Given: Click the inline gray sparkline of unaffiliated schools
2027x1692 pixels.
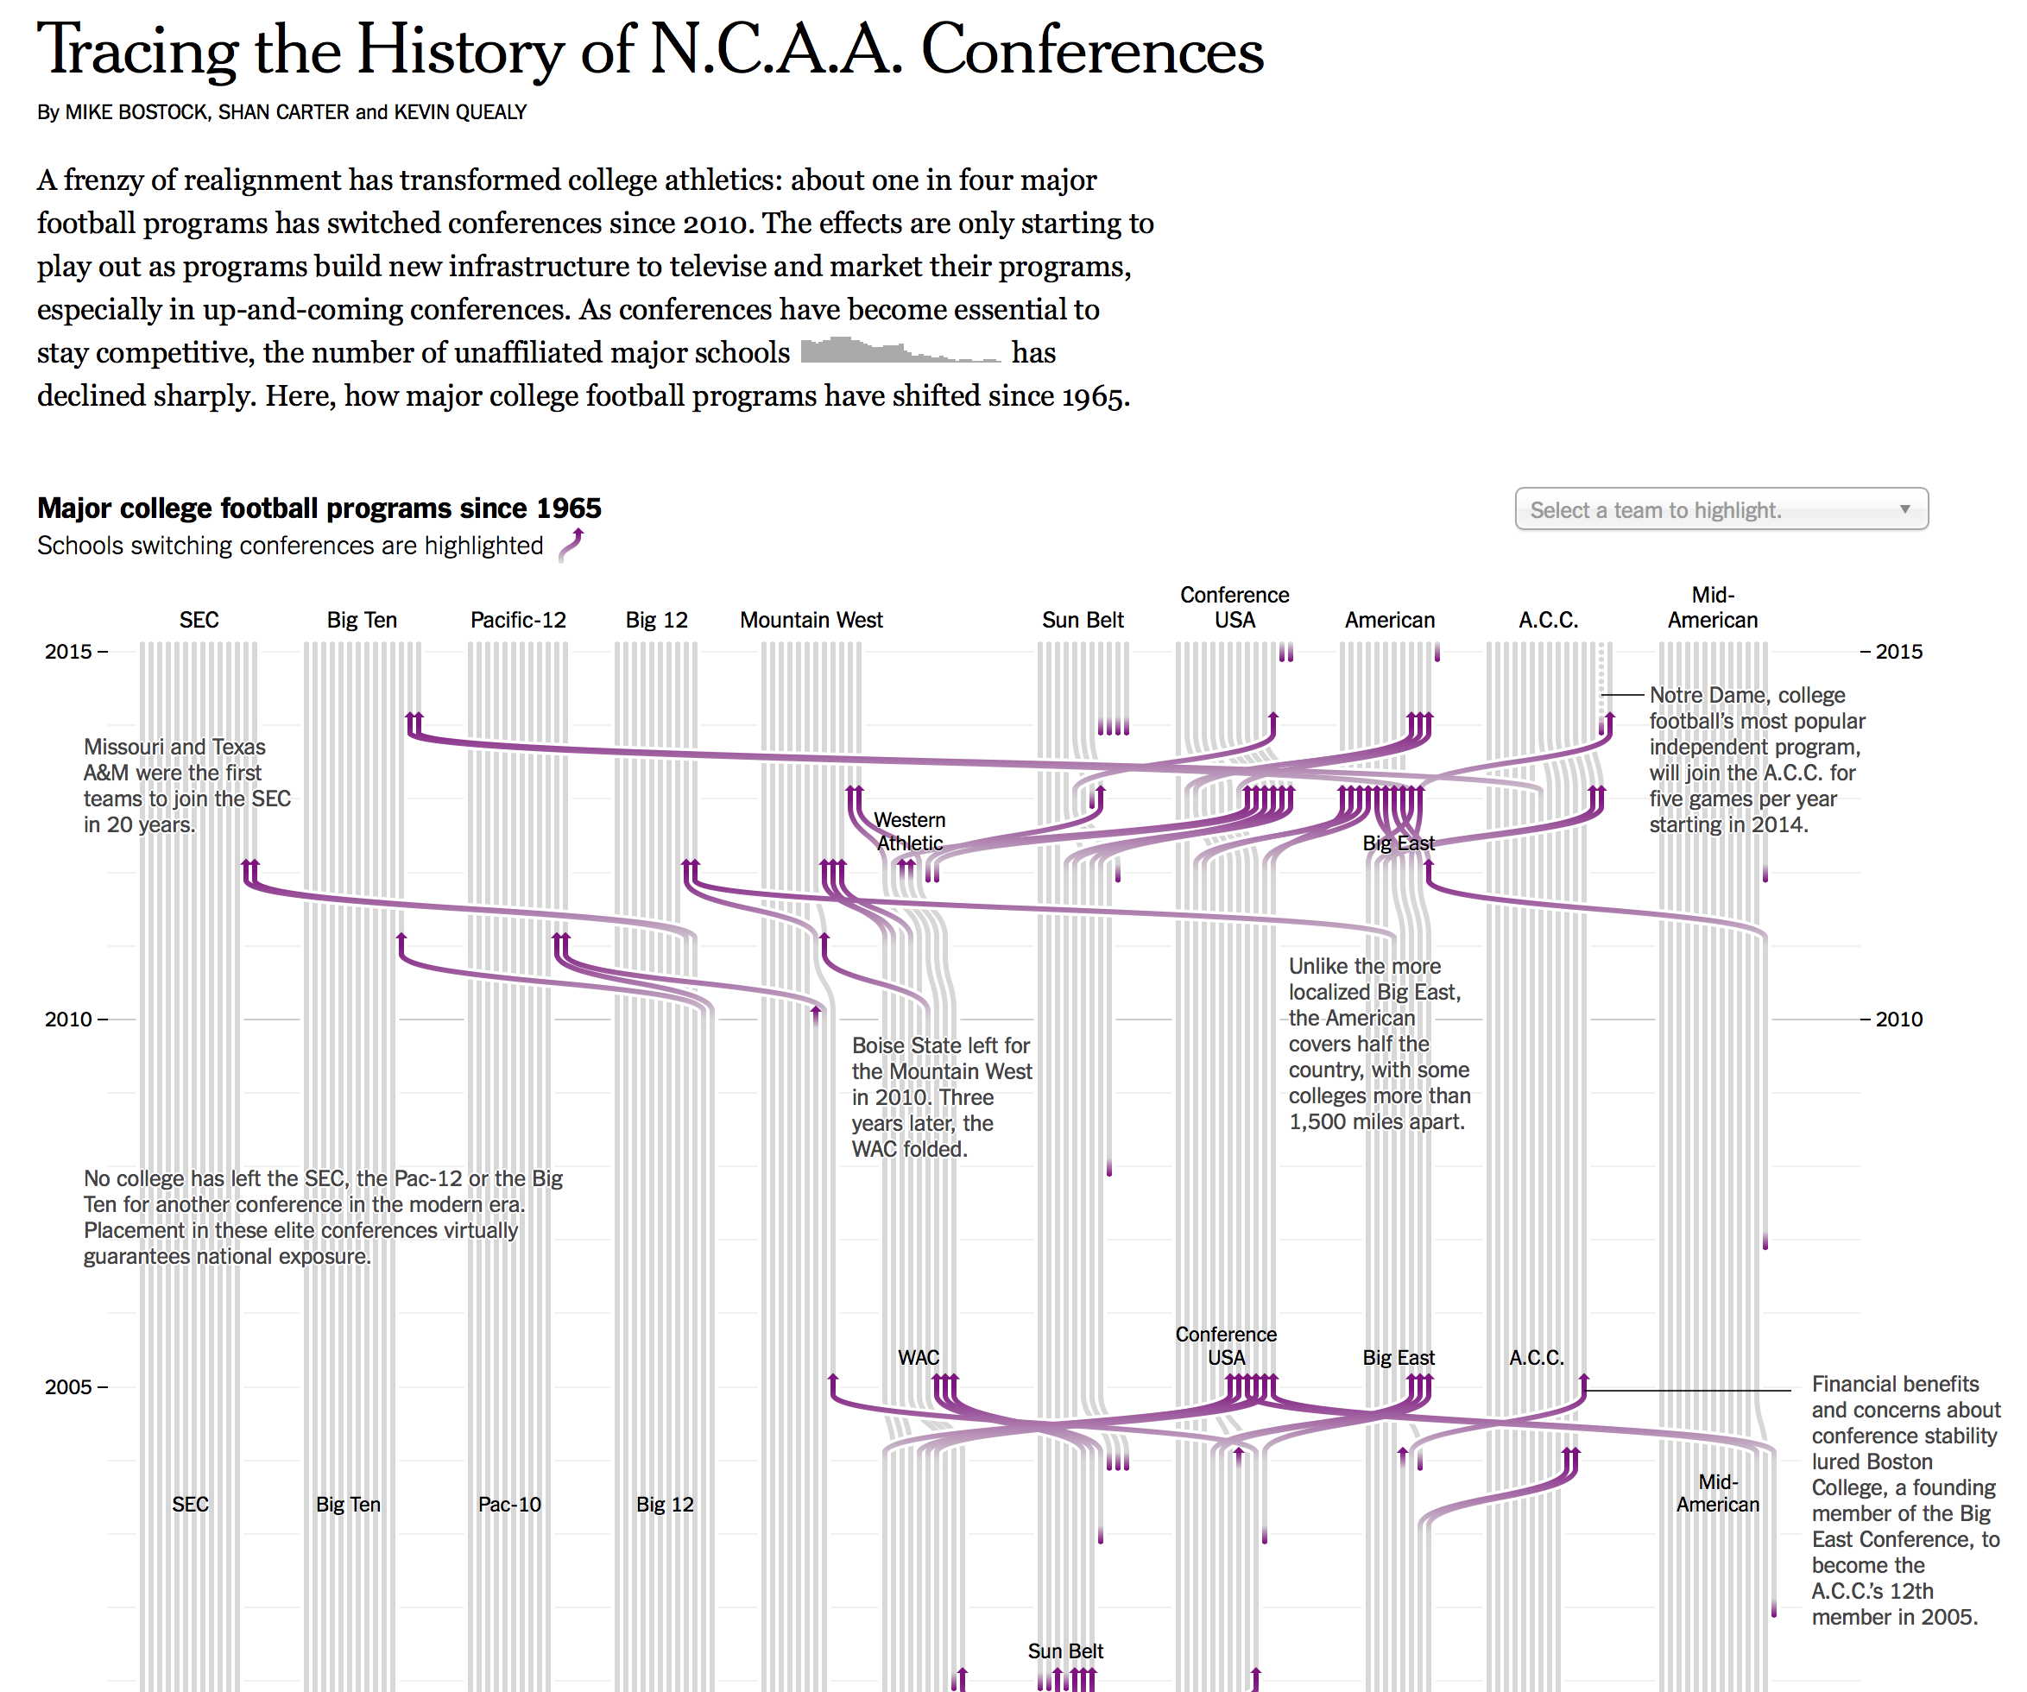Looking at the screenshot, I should pos(900,350).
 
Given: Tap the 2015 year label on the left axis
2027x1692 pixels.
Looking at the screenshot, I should pos(67,652).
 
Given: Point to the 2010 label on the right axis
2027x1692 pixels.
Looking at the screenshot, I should pos(1898,1020).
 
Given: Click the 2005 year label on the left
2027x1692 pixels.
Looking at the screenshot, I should pos(67,1387).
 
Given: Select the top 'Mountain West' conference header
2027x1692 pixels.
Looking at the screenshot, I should pos(811,620).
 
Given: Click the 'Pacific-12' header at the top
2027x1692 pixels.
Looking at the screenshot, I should pos(517,620).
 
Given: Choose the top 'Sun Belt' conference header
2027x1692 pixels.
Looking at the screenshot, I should pos(1082,620).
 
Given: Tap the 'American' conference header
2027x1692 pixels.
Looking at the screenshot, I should pos(1389,620).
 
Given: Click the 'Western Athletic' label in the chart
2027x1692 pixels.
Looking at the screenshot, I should pos(909,831).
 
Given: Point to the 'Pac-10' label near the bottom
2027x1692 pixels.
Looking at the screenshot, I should pos(508,1505).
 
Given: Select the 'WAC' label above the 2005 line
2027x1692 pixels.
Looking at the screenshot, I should pos(918,1357).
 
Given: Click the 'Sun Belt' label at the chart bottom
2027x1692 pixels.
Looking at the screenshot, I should pos(1064,1651).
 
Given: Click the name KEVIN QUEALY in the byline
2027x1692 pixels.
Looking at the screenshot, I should pos(459,112).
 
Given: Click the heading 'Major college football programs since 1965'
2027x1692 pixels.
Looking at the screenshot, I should pos(319,508).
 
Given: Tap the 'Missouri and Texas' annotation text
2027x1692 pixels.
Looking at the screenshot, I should pos(174,747).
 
